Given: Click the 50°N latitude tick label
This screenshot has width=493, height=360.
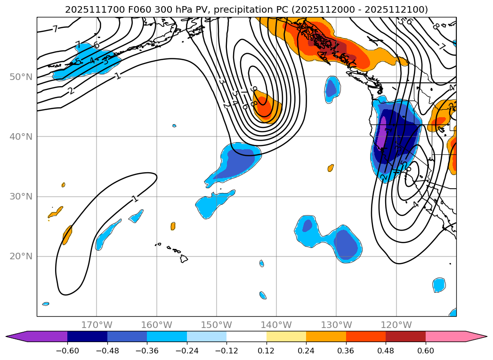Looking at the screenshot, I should [x=21, y=77].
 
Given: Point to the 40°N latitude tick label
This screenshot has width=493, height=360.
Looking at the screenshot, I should [x=21, y=136].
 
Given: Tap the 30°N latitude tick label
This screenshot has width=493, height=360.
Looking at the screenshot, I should [x=21, y=196].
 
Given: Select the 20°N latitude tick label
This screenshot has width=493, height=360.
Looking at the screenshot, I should [x=21, y=256].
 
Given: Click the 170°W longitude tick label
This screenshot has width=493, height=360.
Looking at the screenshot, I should [x=97, y=325].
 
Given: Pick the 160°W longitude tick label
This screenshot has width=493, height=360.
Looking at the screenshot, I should [x=156, y=325].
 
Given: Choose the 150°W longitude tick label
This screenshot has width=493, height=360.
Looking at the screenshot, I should [x=217, y=325].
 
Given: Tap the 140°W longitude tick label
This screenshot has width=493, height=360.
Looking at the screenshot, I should [x=276, y=325].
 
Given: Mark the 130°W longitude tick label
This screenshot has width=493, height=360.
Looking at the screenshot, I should [x=336, y=325].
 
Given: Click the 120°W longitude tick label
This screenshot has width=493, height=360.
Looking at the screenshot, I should [x=396, y=325].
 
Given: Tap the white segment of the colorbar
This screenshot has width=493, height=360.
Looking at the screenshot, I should [x=246, y=336].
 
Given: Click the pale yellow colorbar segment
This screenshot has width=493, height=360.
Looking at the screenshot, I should [x=286, y=336].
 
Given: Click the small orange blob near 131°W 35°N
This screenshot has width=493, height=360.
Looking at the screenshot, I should [x=331, y=168].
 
